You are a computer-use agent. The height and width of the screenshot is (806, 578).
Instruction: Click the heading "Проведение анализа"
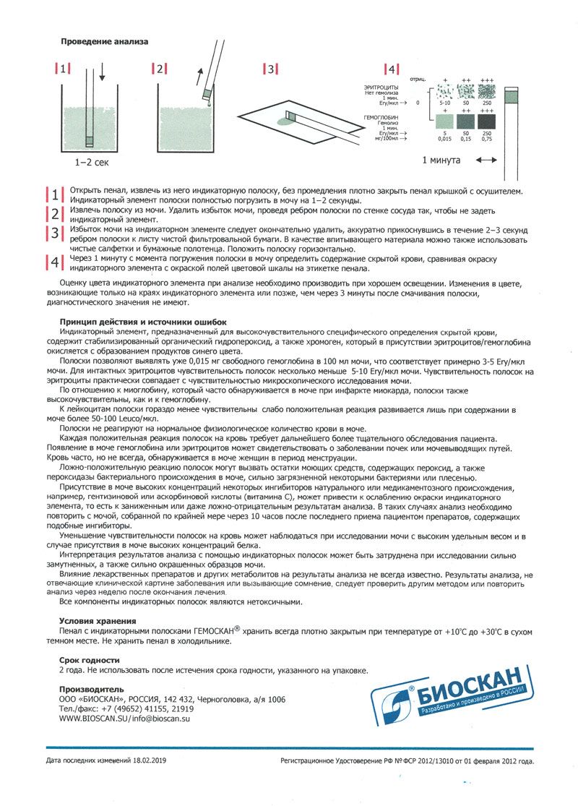[104, 41]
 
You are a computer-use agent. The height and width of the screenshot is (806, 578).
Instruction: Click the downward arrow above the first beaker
[100, 73]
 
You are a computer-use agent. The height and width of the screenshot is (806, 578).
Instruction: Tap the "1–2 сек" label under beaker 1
[92, 164]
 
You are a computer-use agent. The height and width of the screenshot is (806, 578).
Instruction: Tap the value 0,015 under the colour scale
[446, 138]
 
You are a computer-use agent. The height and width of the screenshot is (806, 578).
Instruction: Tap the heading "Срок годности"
[90, 660]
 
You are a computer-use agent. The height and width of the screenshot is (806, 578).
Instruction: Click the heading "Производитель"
[91, 689]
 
